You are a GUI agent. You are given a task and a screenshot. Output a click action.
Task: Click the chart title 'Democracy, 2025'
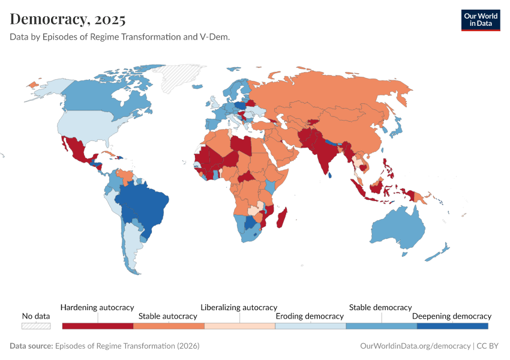coord(68,19)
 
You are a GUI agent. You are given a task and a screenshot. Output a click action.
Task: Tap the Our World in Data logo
coord(480,20)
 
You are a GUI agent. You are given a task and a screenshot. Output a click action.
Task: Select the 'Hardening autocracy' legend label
coord(97,307)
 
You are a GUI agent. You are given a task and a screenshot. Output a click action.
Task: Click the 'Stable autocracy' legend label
coord(167,316)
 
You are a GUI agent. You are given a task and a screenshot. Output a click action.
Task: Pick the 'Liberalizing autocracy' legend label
coord(239,307)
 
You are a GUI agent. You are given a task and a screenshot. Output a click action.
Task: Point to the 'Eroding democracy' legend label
coord(309,316)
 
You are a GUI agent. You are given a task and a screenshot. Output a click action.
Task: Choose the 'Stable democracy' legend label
coord(380,307)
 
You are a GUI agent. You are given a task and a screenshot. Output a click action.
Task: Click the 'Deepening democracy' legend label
coord(451,316)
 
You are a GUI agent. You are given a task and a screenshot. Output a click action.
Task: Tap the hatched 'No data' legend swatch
coord(36,326)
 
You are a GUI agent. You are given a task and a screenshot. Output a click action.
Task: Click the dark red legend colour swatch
coord(97,326)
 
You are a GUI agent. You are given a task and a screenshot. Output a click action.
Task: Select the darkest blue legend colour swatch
coord(452,326)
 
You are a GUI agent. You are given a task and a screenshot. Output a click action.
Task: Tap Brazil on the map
coord(144,204)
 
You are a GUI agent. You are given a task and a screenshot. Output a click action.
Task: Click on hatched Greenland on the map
coord(180,78)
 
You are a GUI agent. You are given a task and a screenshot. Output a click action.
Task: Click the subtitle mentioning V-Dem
coord(120,37)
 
